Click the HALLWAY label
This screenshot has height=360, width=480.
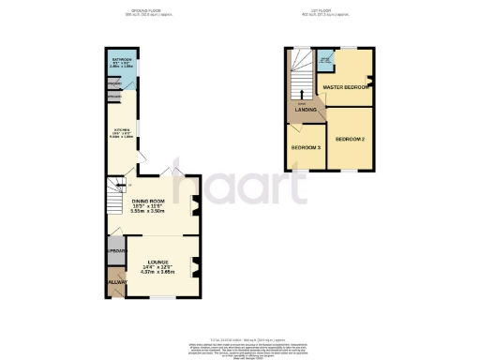[x=116, y=281]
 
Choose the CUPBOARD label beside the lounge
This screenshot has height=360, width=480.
[x=115, y=251]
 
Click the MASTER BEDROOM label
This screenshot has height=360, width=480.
[x=345, y=87]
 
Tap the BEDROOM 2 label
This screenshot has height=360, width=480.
[x=350, y=139]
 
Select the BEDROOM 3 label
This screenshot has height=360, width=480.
[x=305, y=148]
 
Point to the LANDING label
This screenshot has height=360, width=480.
[x=306, y=111]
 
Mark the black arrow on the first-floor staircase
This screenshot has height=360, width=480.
[x=302, y=92]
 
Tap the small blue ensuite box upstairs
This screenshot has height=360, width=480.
[x=325, y=62]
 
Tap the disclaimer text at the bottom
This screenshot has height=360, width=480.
[x=239, y=347]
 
